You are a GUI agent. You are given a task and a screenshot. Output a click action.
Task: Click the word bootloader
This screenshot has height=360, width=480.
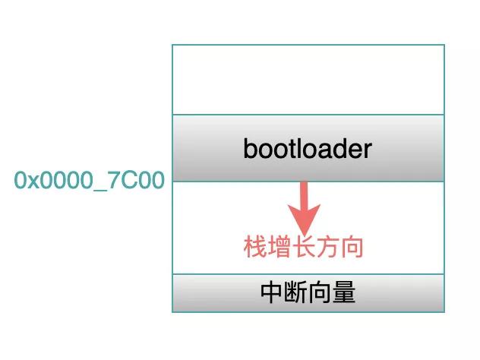point(308,149)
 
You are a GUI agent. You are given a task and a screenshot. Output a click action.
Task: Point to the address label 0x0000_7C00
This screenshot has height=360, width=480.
point(90,180)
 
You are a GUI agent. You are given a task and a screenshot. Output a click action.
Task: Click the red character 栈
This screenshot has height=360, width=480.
point(255,247)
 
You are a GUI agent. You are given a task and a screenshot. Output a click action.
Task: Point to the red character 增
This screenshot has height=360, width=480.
point(279,247)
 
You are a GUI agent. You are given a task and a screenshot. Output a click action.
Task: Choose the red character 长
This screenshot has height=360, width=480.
point(303,247)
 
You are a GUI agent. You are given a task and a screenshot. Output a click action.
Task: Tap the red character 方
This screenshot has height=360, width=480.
point(327,247)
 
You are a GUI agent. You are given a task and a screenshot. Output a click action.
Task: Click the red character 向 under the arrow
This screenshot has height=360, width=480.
point(352,247)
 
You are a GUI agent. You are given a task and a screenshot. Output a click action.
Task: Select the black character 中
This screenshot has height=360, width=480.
point(271,292)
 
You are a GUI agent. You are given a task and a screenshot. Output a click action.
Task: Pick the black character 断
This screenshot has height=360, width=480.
point(295,292)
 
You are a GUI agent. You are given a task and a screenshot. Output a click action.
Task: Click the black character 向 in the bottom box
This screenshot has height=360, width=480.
point(320,292)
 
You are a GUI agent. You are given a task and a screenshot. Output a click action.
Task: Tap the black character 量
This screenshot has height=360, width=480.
point(344,292)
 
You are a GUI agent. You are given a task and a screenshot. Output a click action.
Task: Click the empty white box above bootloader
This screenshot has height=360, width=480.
point(308,80)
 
